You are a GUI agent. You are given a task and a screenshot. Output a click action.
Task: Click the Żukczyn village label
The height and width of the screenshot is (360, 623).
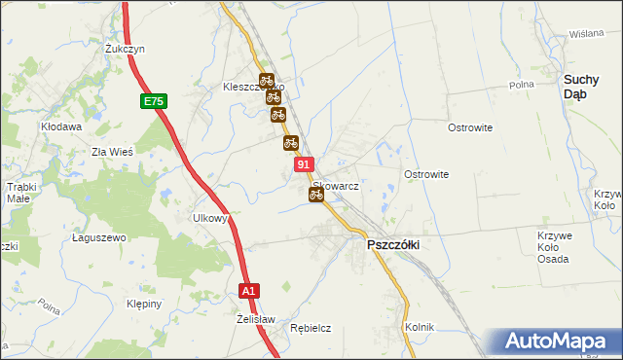(126, 48)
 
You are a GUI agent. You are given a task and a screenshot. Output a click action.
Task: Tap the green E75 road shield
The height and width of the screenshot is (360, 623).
(153, 101)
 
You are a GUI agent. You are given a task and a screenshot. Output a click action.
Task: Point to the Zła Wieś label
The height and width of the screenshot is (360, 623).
(111, 152)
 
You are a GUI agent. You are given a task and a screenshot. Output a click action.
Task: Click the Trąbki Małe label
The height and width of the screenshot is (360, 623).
(20, 192)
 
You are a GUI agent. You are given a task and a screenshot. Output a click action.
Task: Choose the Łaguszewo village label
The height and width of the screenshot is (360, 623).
(100, 237)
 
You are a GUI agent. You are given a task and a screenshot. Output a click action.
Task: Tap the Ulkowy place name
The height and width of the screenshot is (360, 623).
(210, 218)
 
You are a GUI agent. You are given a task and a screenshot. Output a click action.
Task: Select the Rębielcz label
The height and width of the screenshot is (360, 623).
(311, 329)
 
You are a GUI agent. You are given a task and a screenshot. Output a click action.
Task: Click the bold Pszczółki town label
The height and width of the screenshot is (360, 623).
(392, 245)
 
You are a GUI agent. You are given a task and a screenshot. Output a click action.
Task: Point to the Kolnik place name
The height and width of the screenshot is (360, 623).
(420, 327)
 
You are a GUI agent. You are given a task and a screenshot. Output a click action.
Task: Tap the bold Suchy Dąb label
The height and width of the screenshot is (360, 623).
(587, 87)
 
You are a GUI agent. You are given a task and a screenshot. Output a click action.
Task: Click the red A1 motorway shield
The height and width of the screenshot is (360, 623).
(249, 290)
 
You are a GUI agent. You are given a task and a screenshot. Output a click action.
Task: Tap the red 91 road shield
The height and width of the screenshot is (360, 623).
(304, 166)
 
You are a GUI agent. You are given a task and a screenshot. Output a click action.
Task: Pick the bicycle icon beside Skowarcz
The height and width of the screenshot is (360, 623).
(315, 195)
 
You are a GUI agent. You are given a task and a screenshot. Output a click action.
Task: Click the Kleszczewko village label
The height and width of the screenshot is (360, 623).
(248, 87)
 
